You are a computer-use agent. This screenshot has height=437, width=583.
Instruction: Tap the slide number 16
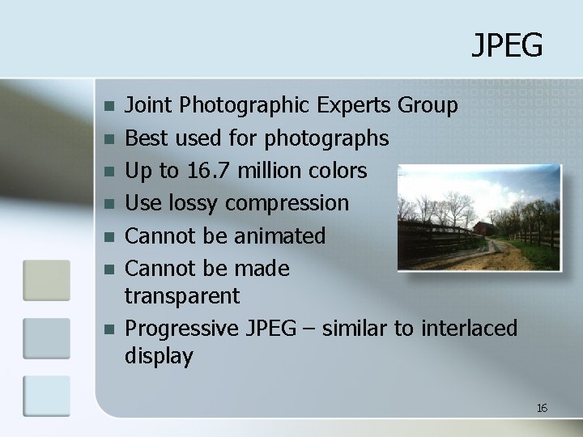click(542, 408)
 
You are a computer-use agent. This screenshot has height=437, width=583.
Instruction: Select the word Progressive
click(181, 329)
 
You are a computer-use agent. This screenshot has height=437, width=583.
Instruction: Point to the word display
click(160, 356)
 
